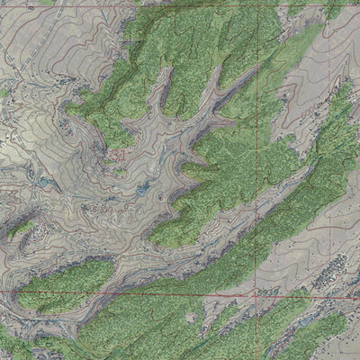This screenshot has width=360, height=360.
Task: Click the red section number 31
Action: pyautogui.click(x=118, y=156)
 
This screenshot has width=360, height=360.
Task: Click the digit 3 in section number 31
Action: pyautogui.click(x=114, y=156)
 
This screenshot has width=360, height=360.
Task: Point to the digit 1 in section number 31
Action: pyautogui.click(x=121, y=156)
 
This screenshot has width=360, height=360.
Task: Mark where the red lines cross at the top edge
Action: pyautogui.click(x=256, y=3)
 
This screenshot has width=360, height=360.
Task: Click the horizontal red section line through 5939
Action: pyautogui.click(x=180, y=294)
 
